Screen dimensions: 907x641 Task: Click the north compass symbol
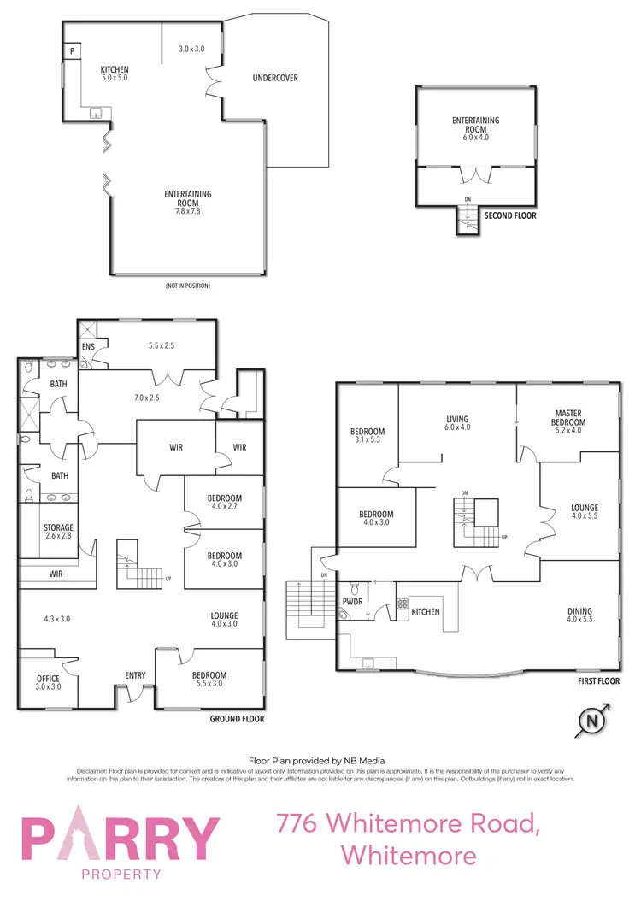[x=591, y=723]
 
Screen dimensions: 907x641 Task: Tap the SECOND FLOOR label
[x=510, y=216]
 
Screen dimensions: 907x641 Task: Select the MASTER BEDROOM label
[x=568, y=418]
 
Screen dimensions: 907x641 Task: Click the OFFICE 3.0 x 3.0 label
[x=48, y=682]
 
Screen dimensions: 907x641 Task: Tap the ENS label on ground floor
[x=88, y=347]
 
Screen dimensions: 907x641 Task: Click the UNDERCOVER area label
[x=274, y=79]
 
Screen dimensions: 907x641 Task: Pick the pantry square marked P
[x=73, y=51]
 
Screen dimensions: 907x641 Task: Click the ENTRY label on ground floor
[x=135, y=676]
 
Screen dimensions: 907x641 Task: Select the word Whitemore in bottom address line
[x=408, y=855]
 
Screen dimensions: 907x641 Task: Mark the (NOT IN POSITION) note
[x=188, y=286]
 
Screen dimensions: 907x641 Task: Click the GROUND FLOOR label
[x=237, y=720]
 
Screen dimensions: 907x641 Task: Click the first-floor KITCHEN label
[x=426, y=612]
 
